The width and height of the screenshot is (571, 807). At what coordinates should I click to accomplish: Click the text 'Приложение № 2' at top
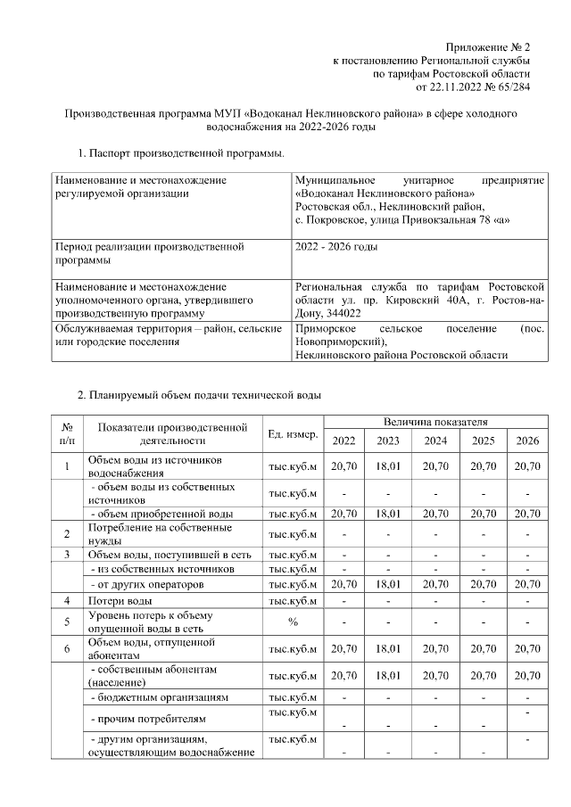pyautogui.click(x=488, y=46)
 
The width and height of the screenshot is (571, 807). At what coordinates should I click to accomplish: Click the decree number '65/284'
pyautogui.click(x=513, y=87)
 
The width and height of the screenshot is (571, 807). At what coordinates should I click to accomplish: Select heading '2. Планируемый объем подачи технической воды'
pyautogui.click(x=198, y=394)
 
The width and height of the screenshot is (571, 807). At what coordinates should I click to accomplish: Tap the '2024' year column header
pyautogui.click(x=435, y=441)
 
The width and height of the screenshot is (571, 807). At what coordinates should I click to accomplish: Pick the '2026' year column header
pyautogui.click(x=527, y=441)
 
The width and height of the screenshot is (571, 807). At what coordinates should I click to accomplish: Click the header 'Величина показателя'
pyautogui.click(x=434, y=420)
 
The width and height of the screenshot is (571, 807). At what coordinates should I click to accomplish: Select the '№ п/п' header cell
pyautogui.click(x=67, y=433)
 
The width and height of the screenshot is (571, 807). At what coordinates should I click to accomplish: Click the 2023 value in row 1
pyautogui.click(x=389, y=465)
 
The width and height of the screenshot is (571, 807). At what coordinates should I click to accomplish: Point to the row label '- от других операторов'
pyautogui.click(x=150, y=584)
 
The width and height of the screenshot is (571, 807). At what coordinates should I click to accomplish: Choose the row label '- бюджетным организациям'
pyautogui.click(x=161, y=696)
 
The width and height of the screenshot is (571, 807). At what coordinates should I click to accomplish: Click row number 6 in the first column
pyautogui.click(x=67, y=648)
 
